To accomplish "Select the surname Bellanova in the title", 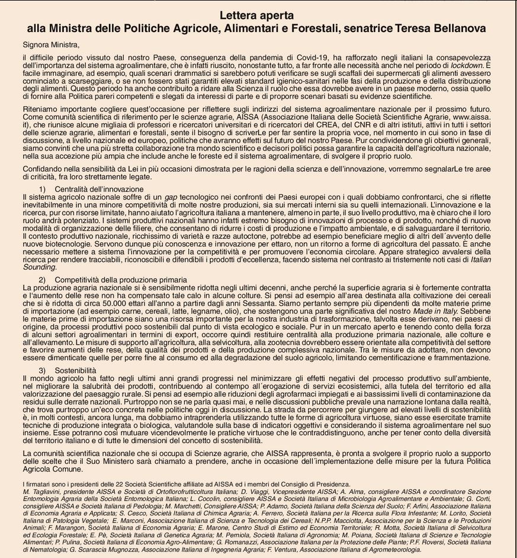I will tap(458, 28).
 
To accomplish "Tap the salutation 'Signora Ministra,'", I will tap(51, 44).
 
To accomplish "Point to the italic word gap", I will tap(171, 196).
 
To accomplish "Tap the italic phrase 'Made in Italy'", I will tap(435, 311).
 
